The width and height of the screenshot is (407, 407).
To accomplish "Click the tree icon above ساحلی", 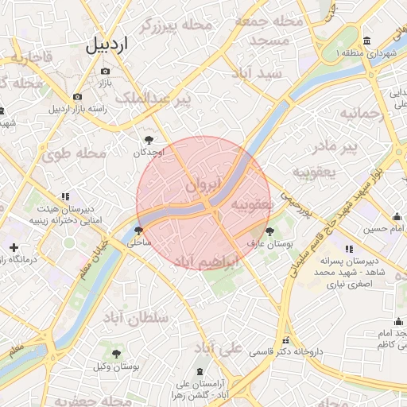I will [x=140, y=230].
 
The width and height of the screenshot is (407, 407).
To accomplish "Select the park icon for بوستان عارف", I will [x=270, y=231].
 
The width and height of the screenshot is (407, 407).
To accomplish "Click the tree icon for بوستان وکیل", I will [x=117, y=353].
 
